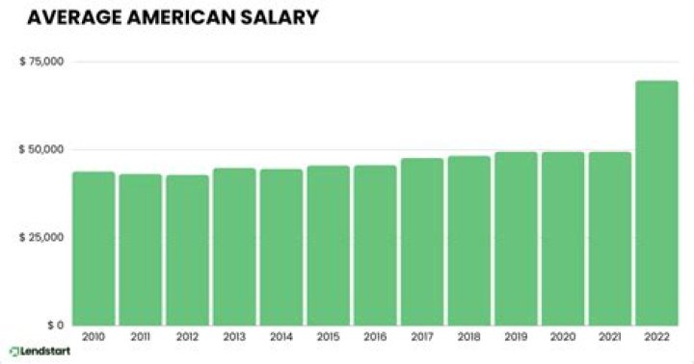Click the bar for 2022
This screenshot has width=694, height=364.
click(656, 202)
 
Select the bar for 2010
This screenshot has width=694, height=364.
click(93, 248)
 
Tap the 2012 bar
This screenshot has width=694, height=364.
click(187, 250)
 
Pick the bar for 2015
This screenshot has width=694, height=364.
click(328, 246)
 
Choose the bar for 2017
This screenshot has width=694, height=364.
click(422, 242)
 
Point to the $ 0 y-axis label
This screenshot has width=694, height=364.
click(53, 325)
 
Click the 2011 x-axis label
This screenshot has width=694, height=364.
click(141, 338)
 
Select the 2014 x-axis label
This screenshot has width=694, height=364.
click(280, 338)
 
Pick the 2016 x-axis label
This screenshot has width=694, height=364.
click(375, 338)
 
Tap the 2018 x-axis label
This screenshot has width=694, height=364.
click(468, 338)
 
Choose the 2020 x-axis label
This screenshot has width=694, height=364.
click(562, 338)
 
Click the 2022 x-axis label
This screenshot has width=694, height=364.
click(656, 338)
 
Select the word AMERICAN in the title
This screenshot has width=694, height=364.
click(167, 17)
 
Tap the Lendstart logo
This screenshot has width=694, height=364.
click(40, 351)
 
